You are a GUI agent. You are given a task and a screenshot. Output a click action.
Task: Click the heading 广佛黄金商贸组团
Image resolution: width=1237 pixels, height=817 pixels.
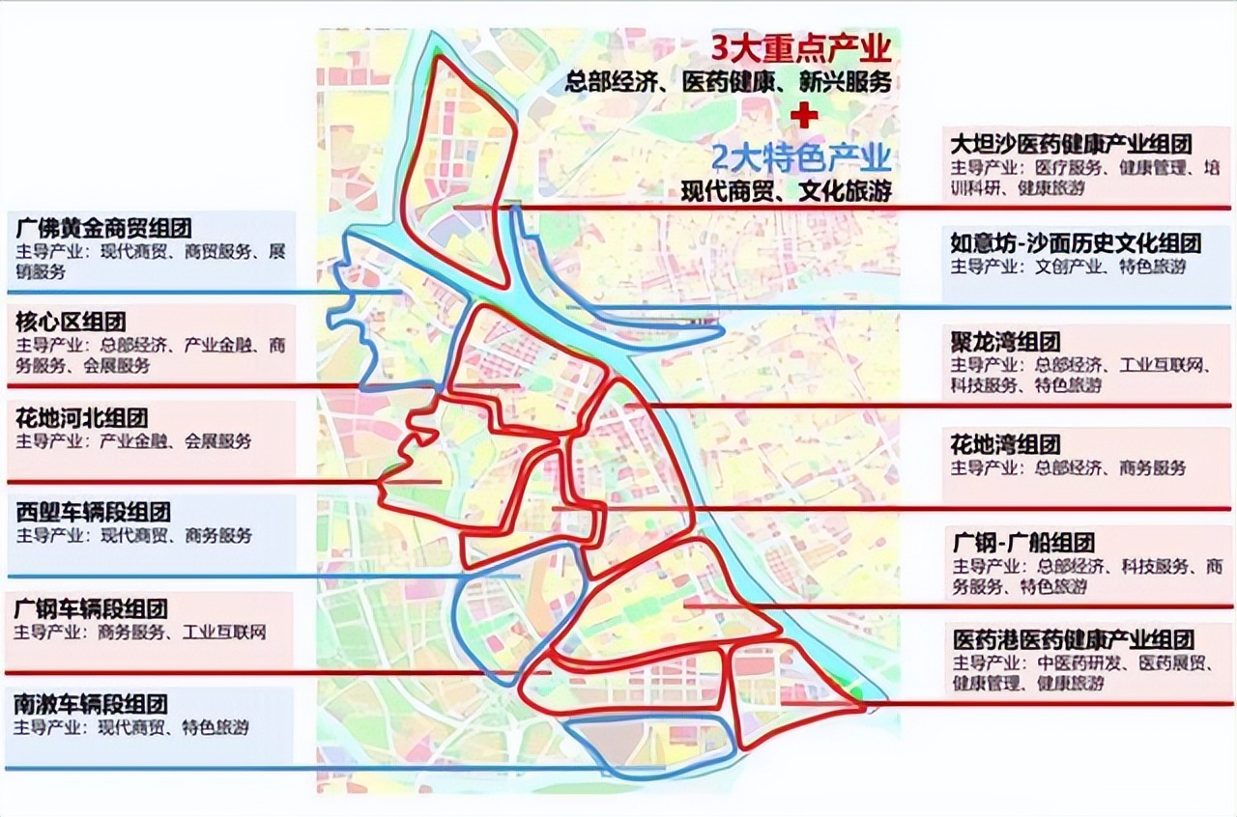pos(103,229)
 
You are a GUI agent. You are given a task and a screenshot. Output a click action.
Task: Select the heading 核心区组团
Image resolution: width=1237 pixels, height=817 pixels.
pos(71,322)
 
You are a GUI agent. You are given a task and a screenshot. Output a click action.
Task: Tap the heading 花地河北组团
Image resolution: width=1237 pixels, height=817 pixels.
pos(82,418)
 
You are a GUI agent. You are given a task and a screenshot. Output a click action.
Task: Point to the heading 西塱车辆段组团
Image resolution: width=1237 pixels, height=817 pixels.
pos(93,512)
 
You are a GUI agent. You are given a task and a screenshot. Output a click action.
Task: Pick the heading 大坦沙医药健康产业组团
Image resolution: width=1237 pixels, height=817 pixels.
pos(1071,144)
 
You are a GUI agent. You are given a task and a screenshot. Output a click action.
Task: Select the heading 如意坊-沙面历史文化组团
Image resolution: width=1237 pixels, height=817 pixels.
pos(1076,242)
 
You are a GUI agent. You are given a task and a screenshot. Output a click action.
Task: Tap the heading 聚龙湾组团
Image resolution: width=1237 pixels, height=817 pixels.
pos(1005,342)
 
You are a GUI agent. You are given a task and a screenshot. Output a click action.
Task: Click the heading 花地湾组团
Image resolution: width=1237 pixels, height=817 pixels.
pos(1005,444)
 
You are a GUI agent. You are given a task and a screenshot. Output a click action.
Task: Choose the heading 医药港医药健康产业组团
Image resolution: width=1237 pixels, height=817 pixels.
pos(1073,639)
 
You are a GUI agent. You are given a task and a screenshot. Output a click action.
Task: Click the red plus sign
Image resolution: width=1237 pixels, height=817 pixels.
pos(803,115)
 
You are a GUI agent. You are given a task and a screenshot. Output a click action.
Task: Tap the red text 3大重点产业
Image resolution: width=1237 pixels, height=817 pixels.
pos(800,48)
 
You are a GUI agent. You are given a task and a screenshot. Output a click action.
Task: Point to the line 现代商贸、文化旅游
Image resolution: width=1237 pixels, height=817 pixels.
pos(785,190)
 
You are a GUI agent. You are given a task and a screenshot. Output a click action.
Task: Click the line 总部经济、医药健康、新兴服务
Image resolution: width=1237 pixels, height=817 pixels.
pos(729,84)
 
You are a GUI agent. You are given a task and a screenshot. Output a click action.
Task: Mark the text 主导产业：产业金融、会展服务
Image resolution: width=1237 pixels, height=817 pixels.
pos(133,441)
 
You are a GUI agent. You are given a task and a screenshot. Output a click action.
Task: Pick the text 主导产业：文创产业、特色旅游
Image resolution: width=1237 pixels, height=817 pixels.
pos(1068,267)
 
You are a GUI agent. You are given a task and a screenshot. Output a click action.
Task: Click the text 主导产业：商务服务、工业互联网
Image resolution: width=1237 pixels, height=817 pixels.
pos(140,633)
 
